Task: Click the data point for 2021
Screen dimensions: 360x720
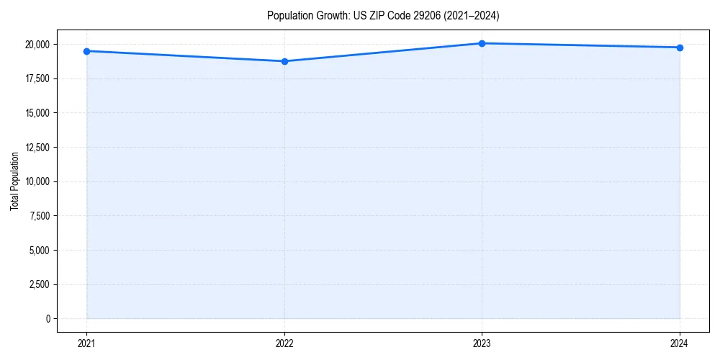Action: click(x=86, y=51)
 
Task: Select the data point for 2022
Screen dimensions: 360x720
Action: click(x=284, y=61)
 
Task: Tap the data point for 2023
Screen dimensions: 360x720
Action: click(x=482, y=43)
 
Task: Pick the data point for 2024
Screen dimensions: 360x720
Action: click(x=680, y=48)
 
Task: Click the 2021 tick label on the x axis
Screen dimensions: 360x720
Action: click(x=86, y=343)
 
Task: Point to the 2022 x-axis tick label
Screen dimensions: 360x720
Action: click(x=284, y=343)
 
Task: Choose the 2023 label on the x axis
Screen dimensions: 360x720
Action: click(x=482, y=343)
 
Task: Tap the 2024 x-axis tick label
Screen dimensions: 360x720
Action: click(x=680, y=343)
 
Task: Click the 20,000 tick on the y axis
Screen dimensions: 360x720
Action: click(x=36, y=45)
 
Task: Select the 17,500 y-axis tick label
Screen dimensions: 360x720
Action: click(x=36, y=78)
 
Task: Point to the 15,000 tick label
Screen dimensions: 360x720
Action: click(x=36, y=113)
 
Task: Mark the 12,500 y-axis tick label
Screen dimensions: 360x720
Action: click(x=36, y=148)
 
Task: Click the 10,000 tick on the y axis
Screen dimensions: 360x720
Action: click(x=36, y=181)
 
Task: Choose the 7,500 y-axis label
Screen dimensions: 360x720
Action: click(x=38, y=216)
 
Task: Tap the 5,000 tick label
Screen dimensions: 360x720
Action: click(x=38, y=251)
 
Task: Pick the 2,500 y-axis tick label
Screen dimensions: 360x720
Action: click(x=38, y=284)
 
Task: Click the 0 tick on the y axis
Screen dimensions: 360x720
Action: click(x=48, y=319)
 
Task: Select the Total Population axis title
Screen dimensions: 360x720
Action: click(x=14, y=181)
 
